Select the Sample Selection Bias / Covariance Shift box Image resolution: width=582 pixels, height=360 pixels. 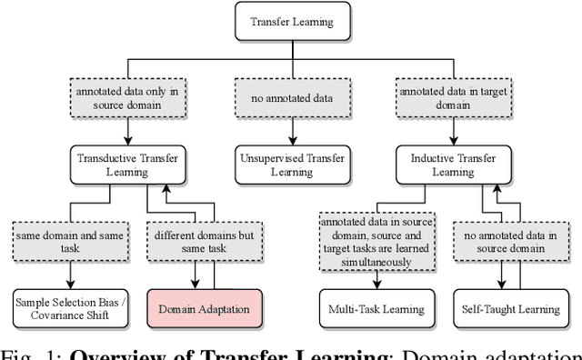(x=69, y=309)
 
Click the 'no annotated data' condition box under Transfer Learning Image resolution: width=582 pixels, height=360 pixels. (x=291, y=96)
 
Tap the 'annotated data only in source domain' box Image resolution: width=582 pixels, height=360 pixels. (x=125, y=96)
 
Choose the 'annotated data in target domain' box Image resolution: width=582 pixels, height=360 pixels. (x=451, y=96)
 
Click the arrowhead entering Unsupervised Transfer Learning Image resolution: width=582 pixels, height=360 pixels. (x=291, y=142)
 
